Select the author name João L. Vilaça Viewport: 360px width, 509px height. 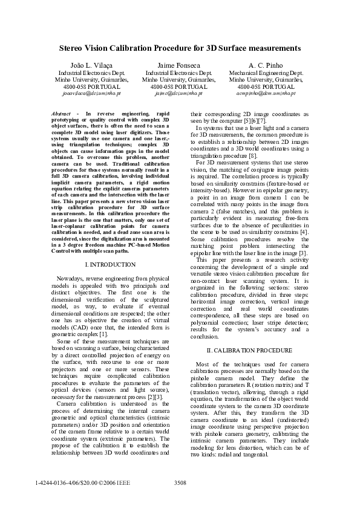pos(89,65)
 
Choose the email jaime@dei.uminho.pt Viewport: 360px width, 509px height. pos(178,94)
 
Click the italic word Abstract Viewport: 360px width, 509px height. pos(62,114)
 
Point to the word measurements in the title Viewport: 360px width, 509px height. pos(275,47)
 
